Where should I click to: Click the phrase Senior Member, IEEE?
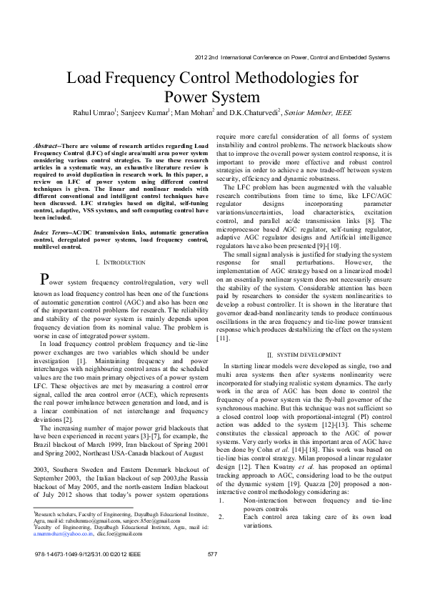pos(318,112)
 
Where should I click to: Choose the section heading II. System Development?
pos(304,355)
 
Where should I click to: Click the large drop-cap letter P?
pos(44,280)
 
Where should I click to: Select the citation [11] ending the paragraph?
pos(223,338)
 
